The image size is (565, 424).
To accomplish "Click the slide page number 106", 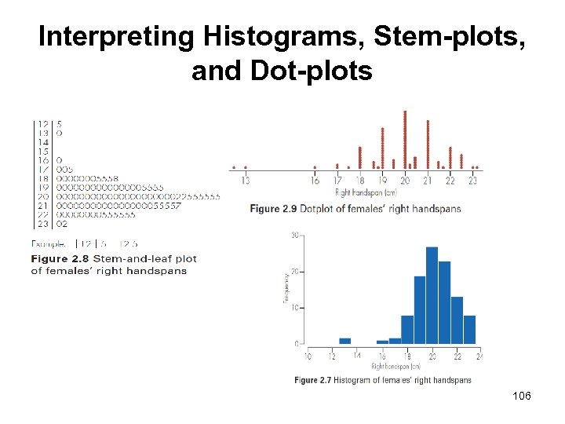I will tap(521, 396).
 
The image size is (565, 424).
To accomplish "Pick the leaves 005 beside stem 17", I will tap(65, 169).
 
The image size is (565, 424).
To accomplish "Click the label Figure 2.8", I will tap(60, 258).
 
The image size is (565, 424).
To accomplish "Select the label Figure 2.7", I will tap(312, 381).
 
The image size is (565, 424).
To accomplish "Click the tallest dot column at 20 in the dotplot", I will tap(405, 139).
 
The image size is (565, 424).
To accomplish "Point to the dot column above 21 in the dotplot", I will tap(428, 144).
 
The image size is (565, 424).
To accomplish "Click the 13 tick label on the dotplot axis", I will tap(246, 181).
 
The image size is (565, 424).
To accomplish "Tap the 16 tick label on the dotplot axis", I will tap(315, 181).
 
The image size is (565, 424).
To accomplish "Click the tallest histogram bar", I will tap(432, 296).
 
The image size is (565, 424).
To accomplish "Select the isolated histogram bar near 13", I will tap(344, 341).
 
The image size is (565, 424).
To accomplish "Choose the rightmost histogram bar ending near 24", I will tap(469, 330).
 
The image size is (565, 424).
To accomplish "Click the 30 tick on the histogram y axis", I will tap(295, 235).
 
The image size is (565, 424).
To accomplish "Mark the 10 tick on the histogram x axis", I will tap(307, 356).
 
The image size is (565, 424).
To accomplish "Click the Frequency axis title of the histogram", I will tap(286, 289).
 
